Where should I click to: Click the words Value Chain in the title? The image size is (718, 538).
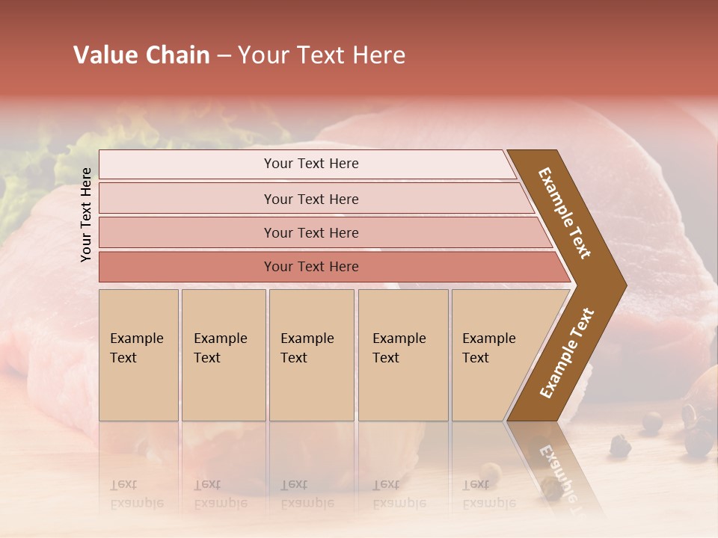click(x=141, y=55)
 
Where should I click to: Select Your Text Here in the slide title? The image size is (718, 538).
click(x=322, y=55)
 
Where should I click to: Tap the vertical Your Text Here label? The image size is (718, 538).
click(x=87, y=214)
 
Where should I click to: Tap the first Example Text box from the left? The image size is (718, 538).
click(x=138, y=355)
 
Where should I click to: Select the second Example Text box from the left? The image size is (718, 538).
click(x=223, y=355)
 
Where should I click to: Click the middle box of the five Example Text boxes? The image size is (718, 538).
click(x=311, y=355)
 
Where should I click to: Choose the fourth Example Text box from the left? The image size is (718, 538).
click(x=402, y=355)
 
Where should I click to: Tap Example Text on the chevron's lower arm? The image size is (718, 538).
click(x=566, y=353)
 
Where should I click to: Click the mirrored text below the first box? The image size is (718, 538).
click(x=136, y=494)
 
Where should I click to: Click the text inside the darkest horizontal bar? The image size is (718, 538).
click(x=311, y=267)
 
